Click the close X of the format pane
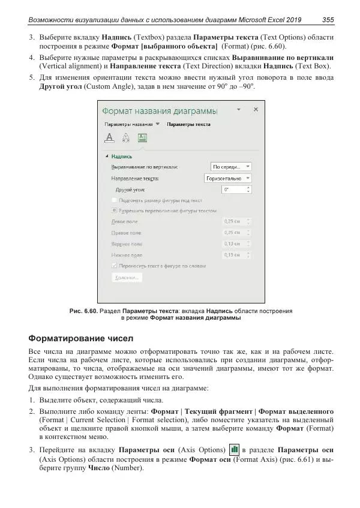coord(256,110)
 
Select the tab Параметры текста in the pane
coord(188,124)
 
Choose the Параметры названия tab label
coord(128,124)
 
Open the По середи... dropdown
coord(231,167)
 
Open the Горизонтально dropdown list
coord(228,178)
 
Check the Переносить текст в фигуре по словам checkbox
coord(115,265)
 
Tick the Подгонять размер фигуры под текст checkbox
coord(115,200)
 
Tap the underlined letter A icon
coord(110,137)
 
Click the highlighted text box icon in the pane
coord(142,137)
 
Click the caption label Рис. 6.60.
coord(83,311)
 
